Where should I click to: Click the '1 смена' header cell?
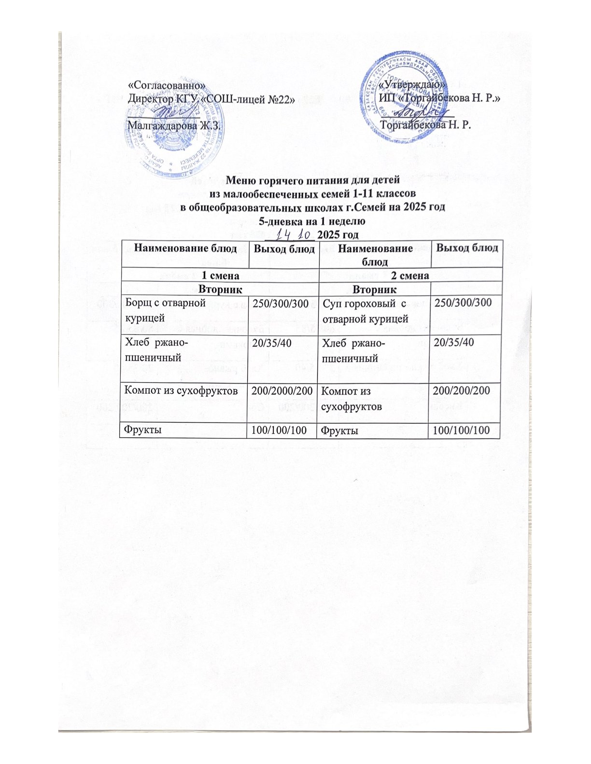click(220, 275)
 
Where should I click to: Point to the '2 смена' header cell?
click(411, 275)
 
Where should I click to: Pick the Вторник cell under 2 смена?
click(375, 289)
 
